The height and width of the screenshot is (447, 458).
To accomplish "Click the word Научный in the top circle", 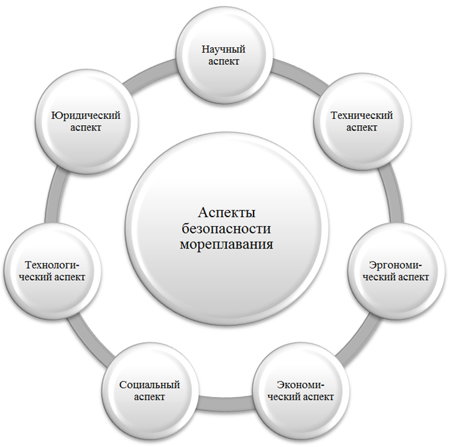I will coord(222,49).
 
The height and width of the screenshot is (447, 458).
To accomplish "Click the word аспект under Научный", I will coord(222,62).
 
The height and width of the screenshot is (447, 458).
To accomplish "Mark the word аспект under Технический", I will coord(362,128).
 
